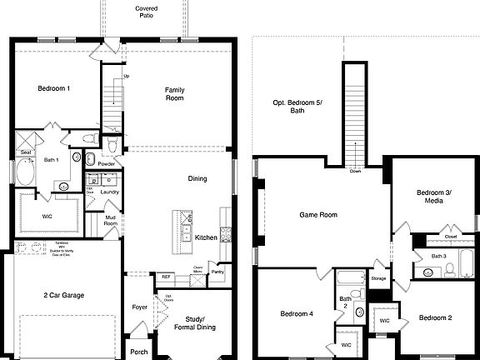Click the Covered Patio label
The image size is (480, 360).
[x=147, y=11]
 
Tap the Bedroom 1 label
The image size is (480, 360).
[x=53, y=88]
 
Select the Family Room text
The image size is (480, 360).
[x=174, y=93]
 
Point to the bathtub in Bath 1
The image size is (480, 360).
[x=24, y=173]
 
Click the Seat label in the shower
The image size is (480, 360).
[x=26, y=152]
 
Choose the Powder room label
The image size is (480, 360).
[x=106, y=164]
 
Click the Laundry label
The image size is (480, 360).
[x=109, y=192]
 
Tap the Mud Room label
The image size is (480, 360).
[x=110, y=220]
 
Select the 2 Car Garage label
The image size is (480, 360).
[x=64, y=295]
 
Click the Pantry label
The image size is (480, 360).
[x=217, y=272]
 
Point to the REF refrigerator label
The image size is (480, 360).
[x=166, y=276]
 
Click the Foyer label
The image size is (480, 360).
[x=140, y=307]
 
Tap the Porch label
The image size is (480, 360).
[x=139, y=352]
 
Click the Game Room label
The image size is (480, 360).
[x=318, y=215]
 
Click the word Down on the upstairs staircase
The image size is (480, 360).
[x=355, y=171]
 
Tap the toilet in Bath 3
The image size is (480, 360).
[x=449, y=268]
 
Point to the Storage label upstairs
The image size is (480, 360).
[x=378, y=277]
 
